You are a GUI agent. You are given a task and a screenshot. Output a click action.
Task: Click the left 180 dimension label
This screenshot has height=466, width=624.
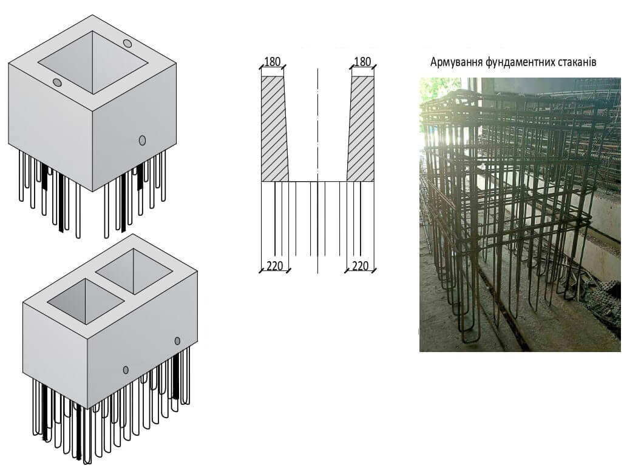pyautogui.click(x=273, y=62)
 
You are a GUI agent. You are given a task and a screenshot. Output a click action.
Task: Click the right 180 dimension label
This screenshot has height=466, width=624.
pyautogui.click(x=362, y=62)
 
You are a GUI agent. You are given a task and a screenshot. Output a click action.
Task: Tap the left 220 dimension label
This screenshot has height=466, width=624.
pyautogui.click(x=274, y=265)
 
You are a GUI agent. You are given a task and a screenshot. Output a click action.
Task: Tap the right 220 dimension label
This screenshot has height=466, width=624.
pyautogui.click(x=360, y=265)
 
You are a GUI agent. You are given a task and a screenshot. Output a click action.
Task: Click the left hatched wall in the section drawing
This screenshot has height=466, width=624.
pyautogui.click(x=274, y=128)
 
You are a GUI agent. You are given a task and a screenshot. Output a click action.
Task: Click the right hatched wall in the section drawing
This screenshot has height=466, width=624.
pyautogui.click(x=361, y=128)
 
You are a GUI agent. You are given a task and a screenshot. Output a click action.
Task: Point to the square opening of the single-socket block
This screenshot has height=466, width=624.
pyautogui.click(x=93, y=62)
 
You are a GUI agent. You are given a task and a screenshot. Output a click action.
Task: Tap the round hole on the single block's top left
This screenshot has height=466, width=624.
pyautogui.click(x=57, y=82)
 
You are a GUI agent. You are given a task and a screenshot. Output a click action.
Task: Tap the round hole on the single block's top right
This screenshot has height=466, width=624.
pyautogui.click(x=127, y=43)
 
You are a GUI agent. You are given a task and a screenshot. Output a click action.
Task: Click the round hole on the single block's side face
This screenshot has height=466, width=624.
pyautogui.click(x=143, y=140)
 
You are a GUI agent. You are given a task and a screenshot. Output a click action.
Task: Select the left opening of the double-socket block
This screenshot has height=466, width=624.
pyautogui.click(x=86, y=301)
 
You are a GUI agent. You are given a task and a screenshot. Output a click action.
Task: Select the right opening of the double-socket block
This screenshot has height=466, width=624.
pyautogui.click(x=134, y=271)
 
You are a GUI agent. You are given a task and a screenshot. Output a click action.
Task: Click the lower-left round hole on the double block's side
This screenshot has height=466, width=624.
pyautogui.click(x=126, y=370)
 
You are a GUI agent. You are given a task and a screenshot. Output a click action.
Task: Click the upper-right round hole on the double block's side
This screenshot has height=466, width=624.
pyautogui.click(x=177, y=341)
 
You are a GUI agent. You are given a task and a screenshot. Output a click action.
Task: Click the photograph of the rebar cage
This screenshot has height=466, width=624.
pyautogui.click(x=520, y=215)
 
